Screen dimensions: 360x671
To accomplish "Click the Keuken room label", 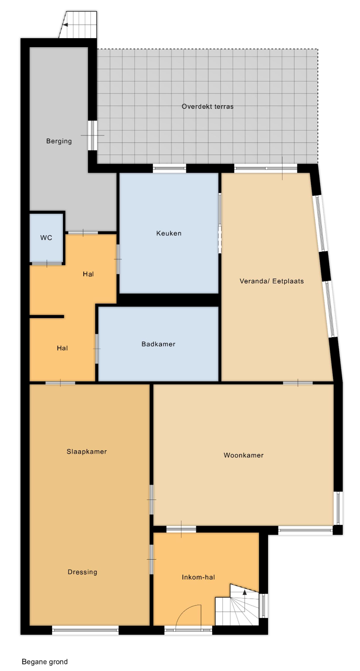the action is pyautogui.click(x=169, y=233).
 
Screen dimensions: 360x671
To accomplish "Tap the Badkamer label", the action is pyautogui.click(x=158, y=344).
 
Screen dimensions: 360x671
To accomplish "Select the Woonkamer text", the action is pyautogui.click(x=244, y=455).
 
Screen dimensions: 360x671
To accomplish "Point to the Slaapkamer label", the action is pyautogui.click(x=87, y=452).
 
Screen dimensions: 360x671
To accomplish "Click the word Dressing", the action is pyautogui.click(x=82, y=572).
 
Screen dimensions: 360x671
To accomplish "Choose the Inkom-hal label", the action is pyautogui.click(x=198, y=577).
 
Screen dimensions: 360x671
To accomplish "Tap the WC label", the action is pyautogui.click(x=46, y=238).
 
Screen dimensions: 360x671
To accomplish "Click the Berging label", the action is pyautogui.click(x=59, y=141).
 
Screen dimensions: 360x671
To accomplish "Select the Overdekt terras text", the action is pyautogui.click(x=208, y=106).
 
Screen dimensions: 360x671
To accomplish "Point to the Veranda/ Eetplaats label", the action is pyautogui.click(x=272, y=281).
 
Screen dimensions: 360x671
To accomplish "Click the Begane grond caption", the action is pyautogui.click(x=45, y=662).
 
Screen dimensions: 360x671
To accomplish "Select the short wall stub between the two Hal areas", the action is pyautogui.click(x=47, y=316).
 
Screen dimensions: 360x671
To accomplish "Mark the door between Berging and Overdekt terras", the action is pyautogui.click(x=92, y=135).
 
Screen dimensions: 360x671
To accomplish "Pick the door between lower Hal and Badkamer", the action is pyautogui.click(x=97, y=349).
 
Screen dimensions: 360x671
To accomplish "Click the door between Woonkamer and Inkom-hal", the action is pyautogui.click(x=181, y=530).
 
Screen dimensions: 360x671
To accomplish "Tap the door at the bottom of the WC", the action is pyautogui.click(x=46, y=263).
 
